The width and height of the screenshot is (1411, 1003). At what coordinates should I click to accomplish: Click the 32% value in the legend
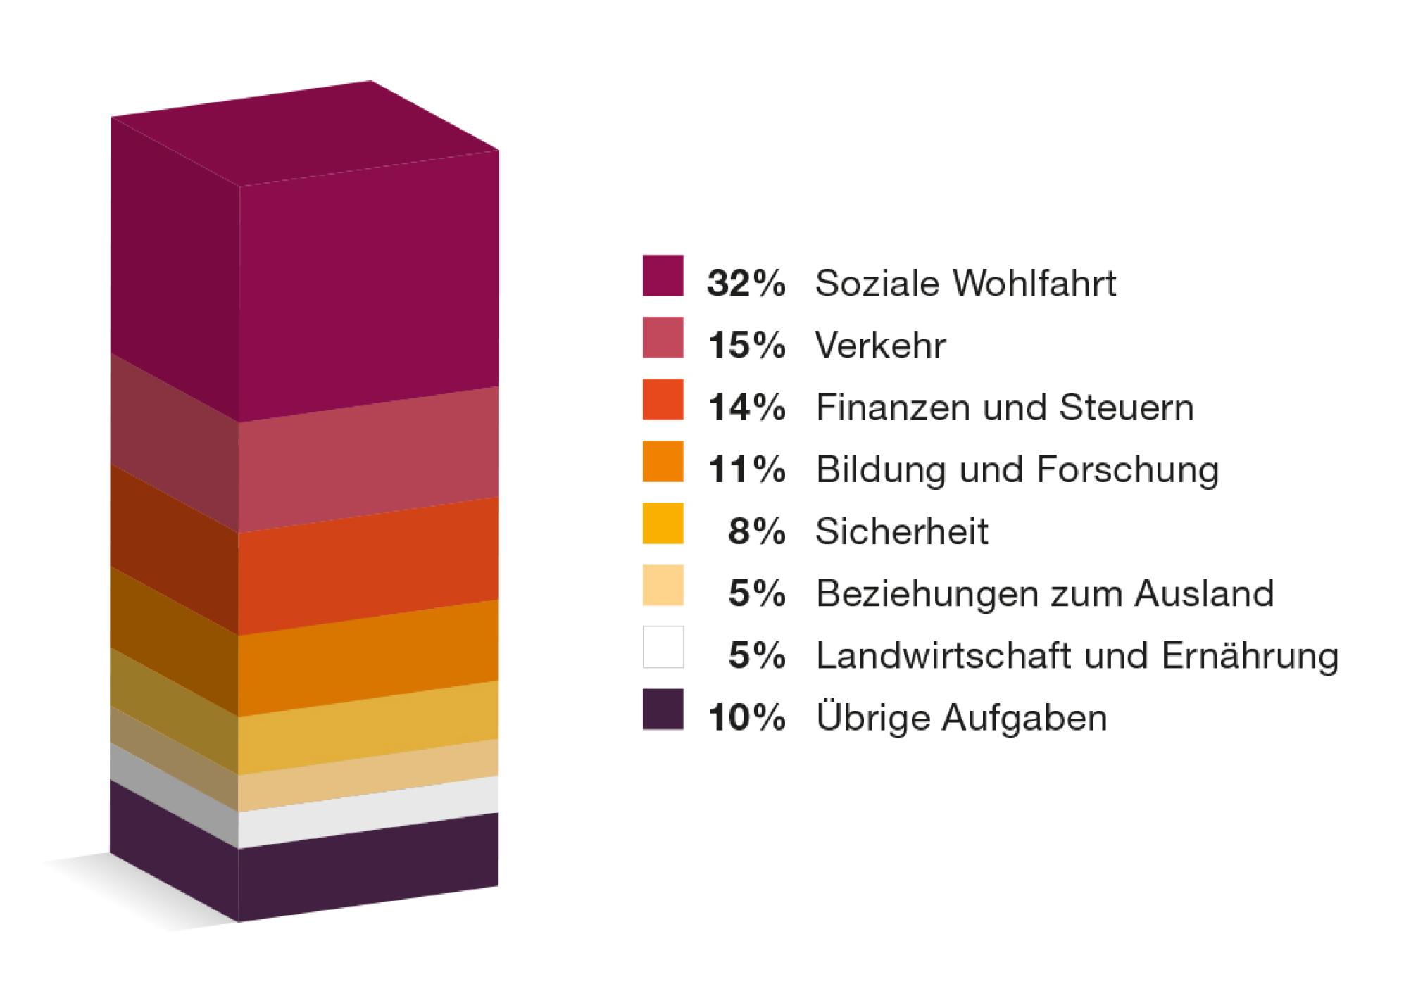746,283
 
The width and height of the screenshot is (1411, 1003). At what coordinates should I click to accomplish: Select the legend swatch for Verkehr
663,338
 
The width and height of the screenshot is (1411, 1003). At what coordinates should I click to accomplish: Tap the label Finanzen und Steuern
1004,408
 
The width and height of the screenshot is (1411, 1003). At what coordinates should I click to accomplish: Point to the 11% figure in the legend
746,469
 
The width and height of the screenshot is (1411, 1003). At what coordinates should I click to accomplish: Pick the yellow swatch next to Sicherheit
663,524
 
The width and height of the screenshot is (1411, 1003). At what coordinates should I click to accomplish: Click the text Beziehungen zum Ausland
1044,593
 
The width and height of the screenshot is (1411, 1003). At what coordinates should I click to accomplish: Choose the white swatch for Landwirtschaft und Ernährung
663,647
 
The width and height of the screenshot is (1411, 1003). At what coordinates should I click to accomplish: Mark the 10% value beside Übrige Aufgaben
746,718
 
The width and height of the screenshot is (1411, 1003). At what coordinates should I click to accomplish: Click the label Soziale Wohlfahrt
965,283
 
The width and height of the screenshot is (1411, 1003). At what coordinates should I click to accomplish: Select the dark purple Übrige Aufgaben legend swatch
663,709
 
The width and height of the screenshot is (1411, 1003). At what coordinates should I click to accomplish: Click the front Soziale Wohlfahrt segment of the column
368,289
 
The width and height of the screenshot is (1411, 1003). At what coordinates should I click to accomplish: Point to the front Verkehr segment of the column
368,459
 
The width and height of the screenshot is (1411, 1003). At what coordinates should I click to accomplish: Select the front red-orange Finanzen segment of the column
368,566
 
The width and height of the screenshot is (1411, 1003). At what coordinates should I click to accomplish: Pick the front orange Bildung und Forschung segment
368,658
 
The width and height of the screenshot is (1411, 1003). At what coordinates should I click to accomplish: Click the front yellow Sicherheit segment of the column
368,728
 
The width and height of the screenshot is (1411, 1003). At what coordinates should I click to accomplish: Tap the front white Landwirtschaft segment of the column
368,812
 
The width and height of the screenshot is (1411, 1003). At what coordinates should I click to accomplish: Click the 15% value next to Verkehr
746,346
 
